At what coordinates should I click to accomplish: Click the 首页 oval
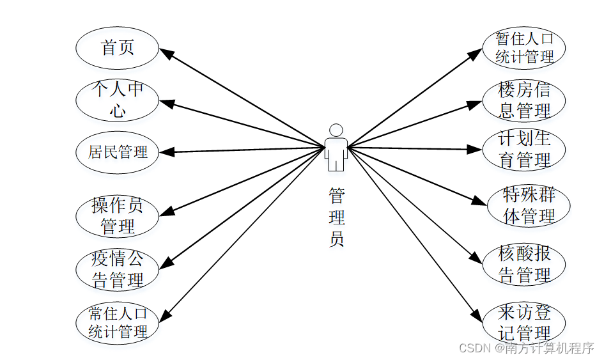(x=118, y=48)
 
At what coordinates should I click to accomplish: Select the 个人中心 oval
(x=118, y=100)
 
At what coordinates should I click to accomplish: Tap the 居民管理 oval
(x=118, y=152)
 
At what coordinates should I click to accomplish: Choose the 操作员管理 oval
(x=118, y=216)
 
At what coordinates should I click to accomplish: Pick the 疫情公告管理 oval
(x=118, y=269)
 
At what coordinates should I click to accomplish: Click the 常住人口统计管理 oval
(x=118, y=322)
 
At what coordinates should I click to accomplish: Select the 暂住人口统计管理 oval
(x=524, y=48)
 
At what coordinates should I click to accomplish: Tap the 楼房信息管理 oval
(x=524, y=100)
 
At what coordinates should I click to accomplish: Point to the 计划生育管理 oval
(x=524, y=150)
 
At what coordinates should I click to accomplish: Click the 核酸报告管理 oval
(x=524, y=265)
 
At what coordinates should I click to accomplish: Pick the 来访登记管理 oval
(x=524, y=323)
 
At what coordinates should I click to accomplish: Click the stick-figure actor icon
(x=336, y=148)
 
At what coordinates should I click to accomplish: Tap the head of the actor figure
(x=336, y=130)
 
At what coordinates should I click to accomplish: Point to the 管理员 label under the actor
(x=336, y=217)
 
